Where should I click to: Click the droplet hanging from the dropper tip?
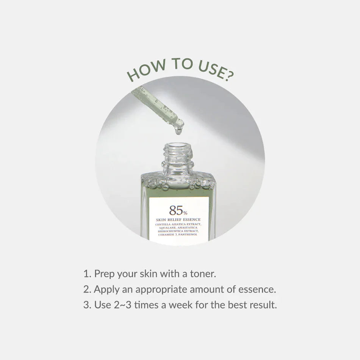(x=178, y=131)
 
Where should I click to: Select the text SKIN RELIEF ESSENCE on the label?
(x=178, y=219)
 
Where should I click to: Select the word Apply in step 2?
(x=104, y=290)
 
